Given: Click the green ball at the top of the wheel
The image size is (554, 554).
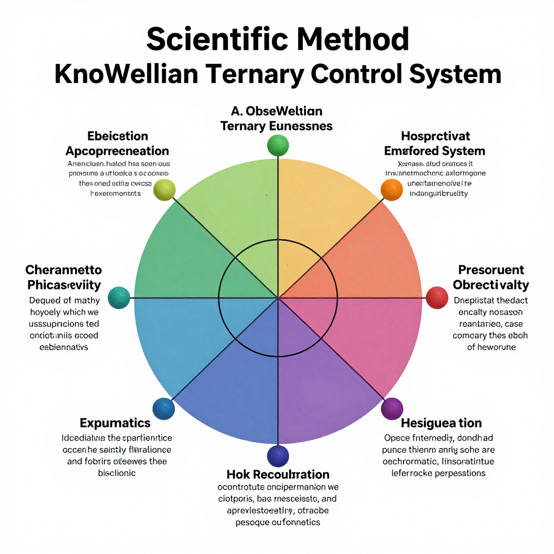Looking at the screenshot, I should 278,146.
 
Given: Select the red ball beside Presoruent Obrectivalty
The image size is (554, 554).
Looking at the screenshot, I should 437,298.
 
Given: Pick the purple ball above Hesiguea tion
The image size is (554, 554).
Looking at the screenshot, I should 392,408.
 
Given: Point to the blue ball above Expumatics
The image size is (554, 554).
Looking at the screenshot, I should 164,408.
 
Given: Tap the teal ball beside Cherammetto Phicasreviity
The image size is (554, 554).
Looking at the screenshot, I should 119,298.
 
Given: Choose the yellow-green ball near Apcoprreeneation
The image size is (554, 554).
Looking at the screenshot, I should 164,190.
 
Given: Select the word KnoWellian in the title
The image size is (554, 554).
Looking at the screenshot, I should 126,74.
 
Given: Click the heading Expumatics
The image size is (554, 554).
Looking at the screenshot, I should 115,423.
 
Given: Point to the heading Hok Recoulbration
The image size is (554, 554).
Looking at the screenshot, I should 278,474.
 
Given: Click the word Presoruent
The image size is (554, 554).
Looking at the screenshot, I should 491,269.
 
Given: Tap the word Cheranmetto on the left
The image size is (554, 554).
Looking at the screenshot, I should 63,269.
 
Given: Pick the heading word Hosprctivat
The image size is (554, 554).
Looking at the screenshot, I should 436,135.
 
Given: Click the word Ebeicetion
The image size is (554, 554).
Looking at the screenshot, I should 117,136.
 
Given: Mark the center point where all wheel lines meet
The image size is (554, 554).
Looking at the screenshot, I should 278,298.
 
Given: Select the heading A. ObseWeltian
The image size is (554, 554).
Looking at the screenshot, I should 276,111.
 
